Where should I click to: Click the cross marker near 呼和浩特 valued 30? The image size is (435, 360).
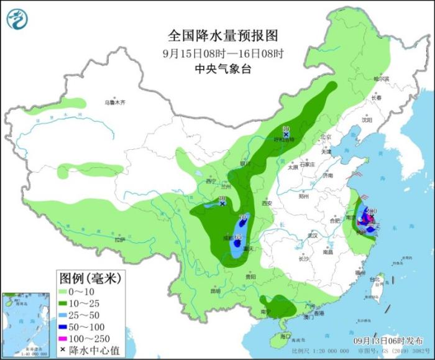[286, 134]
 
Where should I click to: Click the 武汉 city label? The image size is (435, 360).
[312, 235]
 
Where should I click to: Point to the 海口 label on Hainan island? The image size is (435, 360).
[285, 336]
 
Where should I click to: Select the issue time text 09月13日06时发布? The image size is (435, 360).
[390, 341]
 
